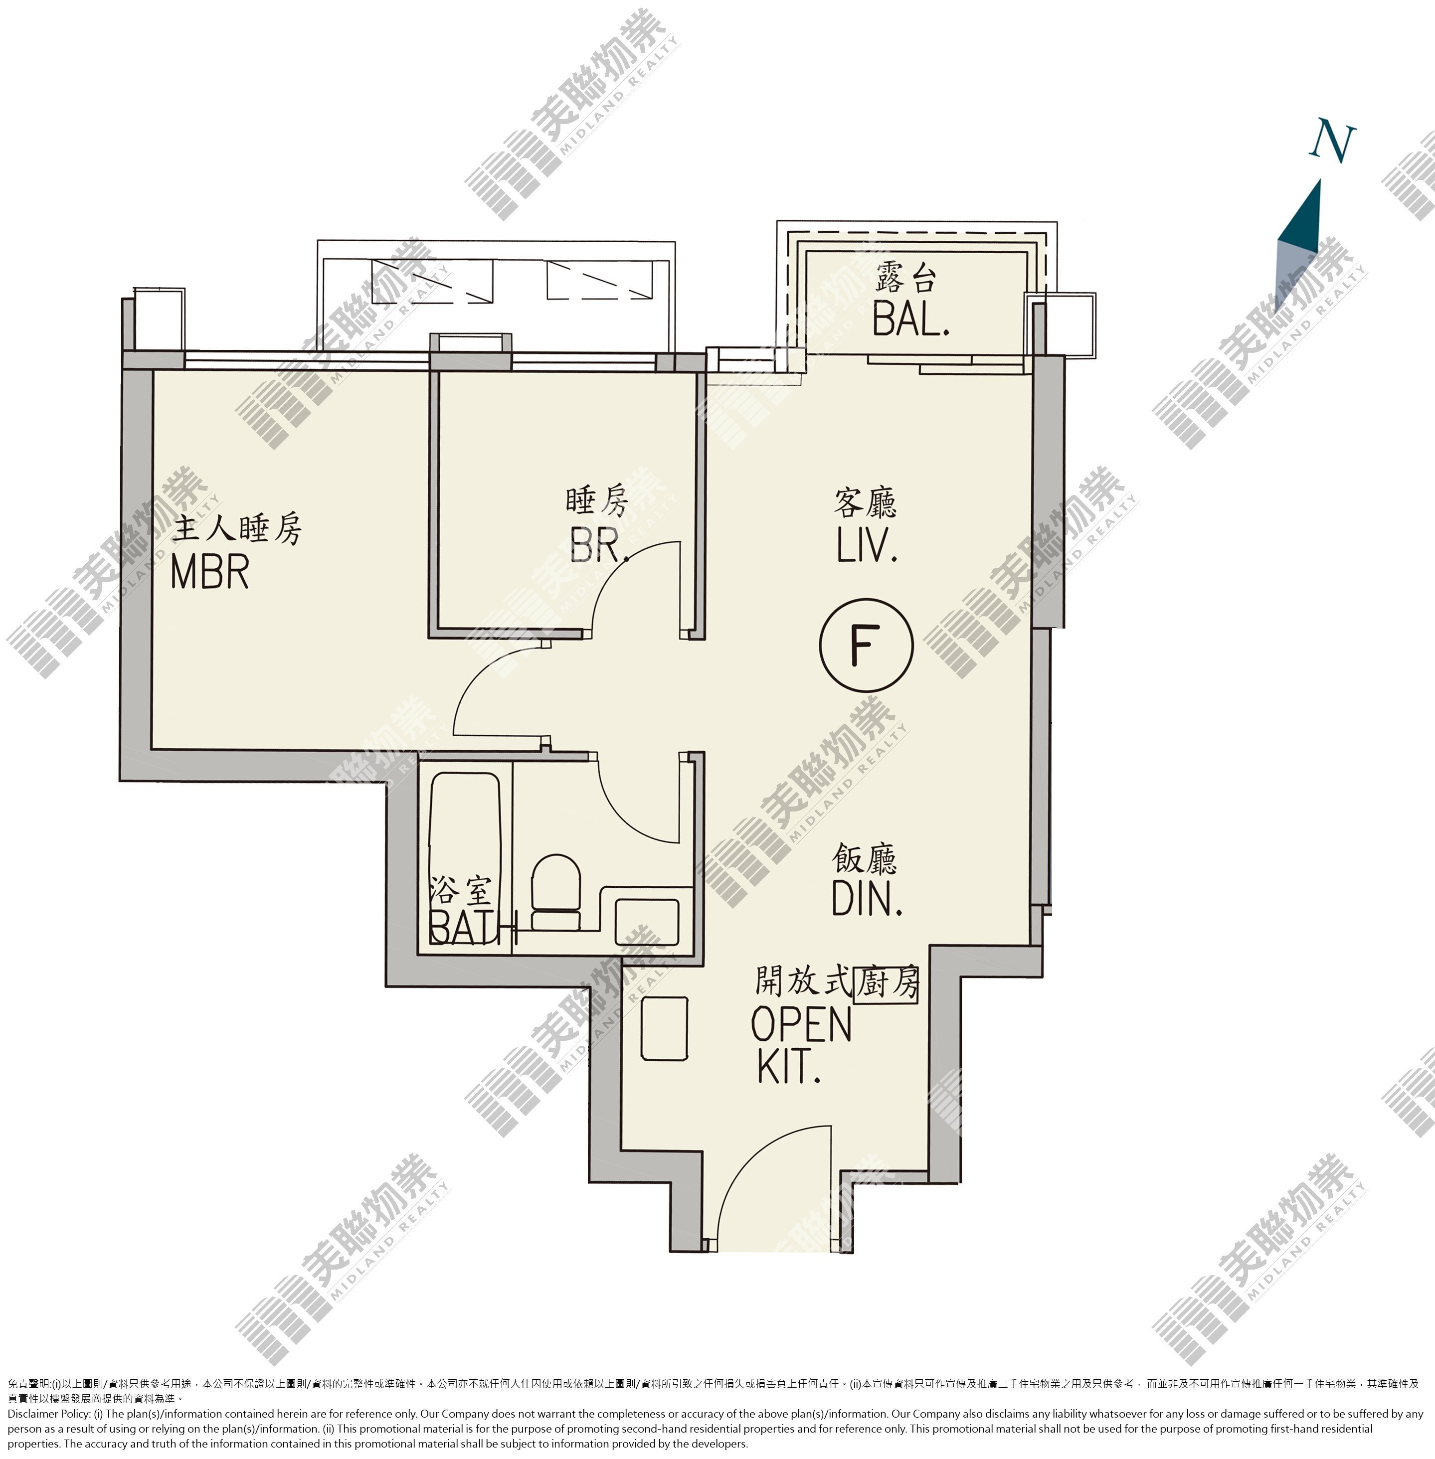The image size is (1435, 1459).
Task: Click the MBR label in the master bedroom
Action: [209, 572]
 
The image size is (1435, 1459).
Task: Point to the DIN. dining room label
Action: [867, 898]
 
